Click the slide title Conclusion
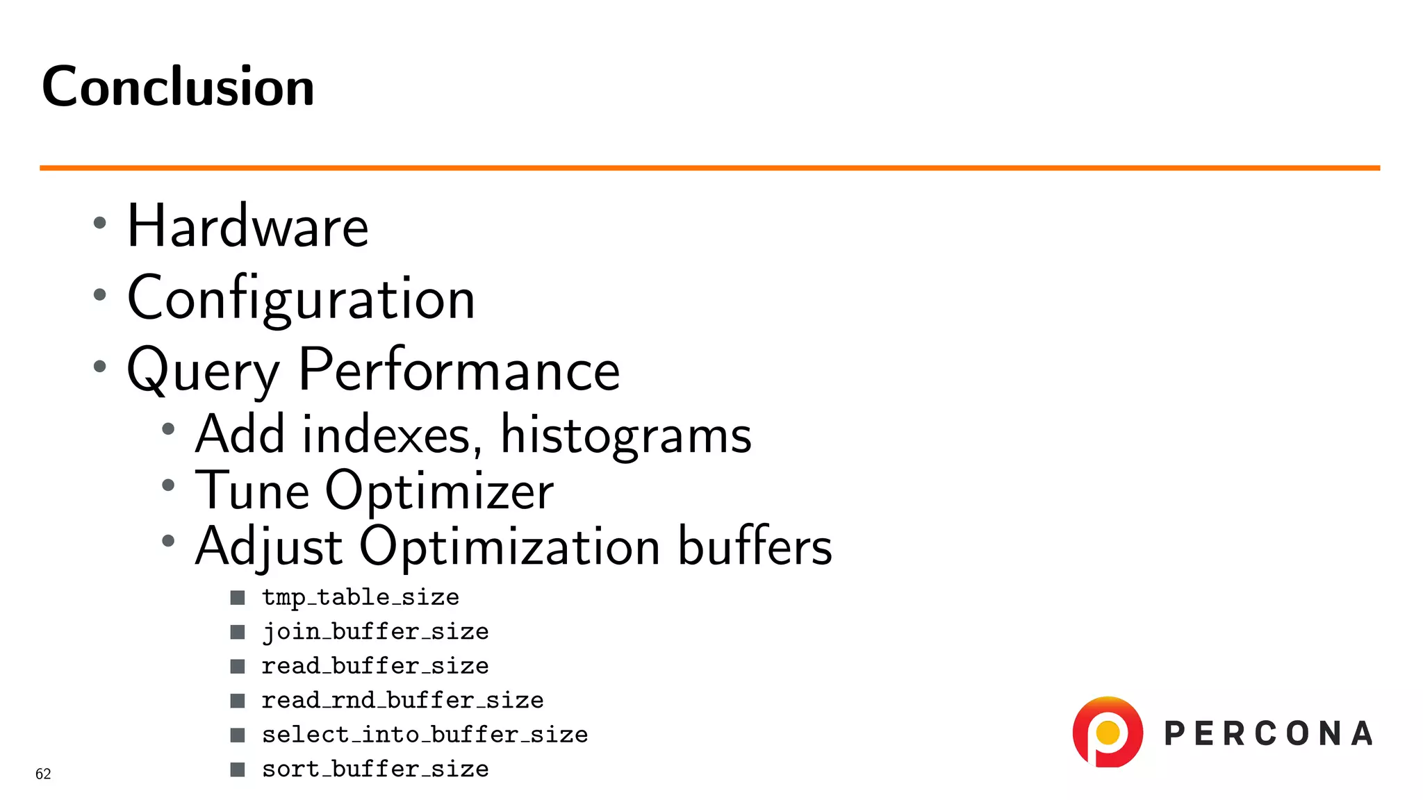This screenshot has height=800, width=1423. [178, 87]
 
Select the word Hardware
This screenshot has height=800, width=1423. [247, 226]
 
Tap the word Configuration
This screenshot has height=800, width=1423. [301, 299]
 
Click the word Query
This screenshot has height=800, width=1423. [202, 371]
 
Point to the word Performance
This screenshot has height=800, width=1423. [459, 369]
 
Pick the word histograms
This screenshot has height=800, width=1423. [625, 436]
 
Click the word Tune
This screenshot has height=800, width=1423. [252, 490]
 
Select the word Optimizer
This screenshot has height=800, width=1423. [439, 492]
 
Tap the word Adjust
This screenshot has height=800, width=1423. [269, 547]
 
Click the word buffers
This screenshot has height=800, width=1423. [755, 547]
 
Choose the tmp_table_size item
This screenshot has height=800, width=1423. [360, 597]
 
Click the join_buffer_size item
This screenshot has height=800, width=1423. [375, 632]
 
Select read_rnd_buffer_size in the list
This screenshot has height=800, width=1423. [402, 700]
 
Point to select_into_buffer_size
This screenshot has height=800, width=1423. [425, 735]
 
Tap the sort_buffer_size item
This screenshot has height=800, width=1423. [375, 769]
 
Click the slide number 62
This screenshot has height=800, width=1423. [43, 774]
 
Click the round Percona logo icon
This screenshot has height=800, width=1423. [1108, 733]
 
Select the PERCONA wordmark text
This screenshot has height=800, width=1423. [1269, 734]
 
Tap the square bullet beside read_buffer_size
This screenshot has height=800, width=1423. [238, 667]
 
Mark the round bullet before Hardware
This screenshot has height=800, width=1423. [100, 223]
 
